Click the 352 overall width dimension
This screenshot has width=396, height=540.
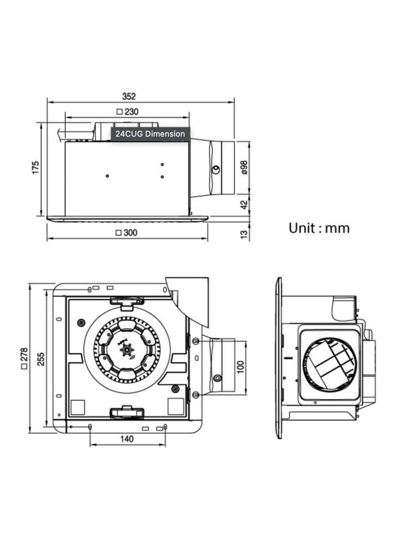pos(128,96)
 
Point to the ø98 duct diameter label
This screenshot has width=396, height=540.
pos(244,167)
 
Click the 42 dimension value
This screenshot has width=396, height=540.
pos(244,204)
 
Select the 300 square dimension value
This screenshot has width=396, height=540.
pos(129,233)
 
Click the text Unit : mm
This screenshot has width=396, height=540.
pos(319,228)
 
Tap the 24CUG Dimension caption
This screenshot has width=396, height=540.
pos(150,134)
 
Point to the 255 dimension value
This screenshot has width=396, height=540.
pos(40,358)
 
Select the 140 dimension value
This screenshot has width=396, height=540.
pos(127,439)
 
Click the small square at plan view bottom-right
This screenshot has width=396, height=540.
pos(175,406)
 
